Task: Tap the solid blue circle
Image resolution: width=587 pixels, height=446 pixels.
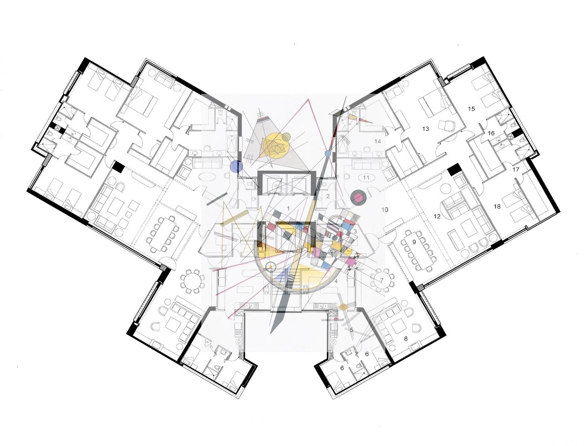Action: (x=236, y=166)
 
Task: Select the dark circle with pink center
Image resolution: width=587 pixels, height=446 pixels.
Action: (x=357, y=197)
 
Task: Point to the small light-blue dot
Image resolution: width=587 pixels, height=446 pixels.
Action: (x=328, y=153)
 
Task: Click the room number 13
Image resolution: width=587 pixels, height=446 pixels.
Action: (x=426, y=129)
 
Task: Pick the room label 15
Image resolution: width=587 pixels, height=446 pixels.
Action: (x=471, y=109)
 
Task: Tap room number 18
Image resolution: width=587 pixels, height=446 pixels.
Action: (x=497, y=206)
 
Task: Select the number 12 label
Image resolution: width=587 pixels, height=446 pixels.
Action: (x=437, y=216)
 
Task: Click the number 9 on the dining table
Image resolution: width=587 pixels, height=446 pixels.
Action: (x=414, y=242)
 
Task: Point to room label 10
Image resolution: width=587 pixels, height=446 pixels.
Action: (x=385, y=210)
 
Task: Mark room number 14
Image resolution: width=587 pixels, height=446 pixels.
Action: (x=377, y=141)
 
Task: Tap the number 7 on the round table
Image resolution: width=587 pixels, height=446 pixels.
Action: (x=382, y=280)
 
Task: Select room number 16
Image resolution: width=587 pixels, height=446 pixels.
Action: (x=491, y=133)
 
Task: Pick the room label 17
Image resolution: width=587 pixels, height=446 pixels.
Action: (x=516, y=169)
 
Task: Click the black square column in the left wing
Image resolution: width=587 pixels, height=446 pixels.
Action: (x=118, y=166)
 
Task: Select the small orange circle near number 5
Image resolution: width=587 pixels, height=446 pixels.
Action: (x=343, y=307)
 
